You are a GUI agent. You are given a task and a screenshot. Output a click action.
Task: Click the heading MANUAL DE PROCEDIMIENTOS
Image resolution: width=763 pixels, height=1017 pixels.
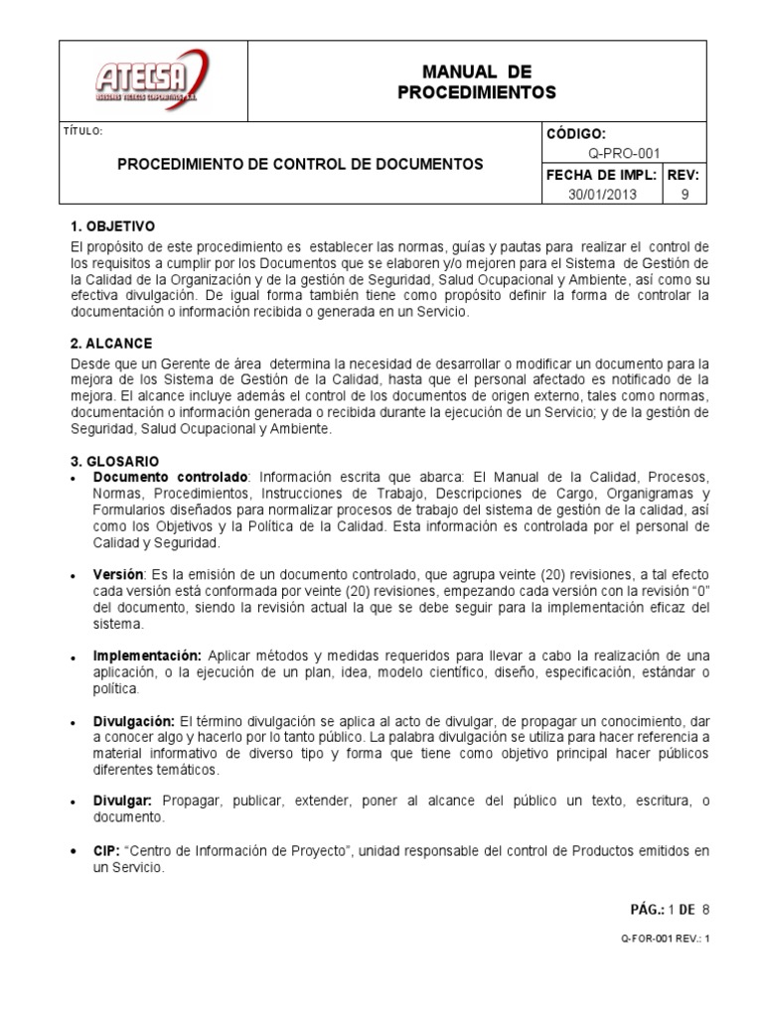tap(477, 82)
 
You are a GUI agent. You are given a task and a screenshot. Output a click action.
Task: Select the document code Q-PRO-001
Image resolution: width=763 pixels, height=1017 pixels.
tap(623, 154)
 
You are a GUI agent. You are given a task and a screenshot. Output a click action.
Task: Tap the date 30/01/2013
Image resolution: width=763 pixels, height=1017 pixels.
tap(602, 195)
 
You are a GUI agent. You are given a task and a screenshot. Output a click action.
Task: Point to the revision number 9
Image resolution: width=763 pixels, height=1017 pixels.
tap(684, 195)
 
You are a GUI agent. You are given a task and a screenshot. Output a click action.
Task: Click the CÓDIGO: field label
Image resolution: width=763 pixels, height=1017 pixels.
tap(575, 134)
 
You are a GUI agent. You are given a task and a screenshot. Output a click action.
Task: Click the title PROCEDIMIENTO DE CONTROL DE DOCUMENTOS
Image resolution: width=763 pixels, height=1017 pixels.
tap(301, 164)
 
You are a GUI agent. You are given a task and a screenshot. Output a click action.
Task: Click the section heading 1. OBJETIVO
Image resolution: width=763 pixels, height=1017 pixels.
tap(112, 226)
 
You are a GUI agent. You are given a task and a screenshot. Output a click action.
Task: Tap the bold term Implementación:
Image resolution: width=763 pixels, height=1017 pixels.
tap(147, 656)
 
